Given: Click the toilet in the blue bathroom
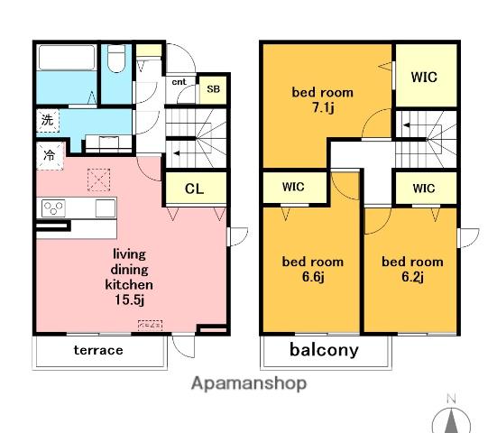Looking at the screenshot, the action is (116, 59).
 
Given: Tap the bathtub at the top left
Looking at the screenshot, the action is (67, 58).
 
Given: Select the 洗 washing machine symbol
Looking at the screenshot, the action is (48, 121).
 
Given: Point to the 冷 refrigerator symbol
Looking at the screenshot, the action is (50, 156).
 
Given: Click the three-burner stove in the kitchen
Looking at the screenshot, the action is (53, 208).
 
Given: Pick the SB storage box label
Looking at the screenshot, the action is (213, 89).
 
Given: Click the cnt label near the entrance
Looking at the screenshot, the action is (179, 82).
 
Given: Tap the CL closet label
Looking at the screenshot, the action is (194, 189).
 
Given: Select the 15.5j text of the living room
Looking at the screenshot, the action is (129, 299).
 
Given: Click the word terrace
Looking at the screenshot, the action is (98, 350).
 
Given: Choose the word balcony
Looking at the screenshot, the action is (324, 350).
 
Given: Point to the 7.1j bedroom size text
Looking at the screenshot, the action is (323, 107).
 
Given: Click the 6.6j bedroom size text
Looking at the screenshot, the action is (313, 277).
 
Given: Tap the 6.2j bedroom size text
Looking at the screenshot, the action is (413, 277).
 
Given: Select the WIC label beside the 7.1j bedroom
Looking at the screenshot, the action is (424, 77).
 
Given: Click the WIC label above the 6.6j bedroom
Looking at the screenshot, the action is (293, 187).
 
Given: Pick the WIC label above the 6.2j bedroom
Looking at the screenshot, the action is (424, 189).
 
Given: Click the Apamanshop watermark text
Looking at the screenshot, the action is (249, 383).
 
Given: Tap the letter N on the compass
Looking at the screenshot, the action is (451, 399).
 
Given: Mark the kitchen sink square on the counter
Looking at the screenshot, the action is (106, 208).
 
